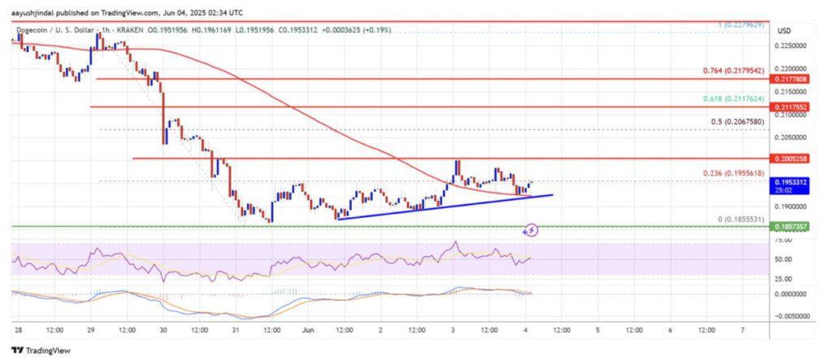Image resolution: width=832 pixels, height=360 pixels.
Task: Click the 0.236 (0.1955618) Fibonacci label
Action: (734, 173)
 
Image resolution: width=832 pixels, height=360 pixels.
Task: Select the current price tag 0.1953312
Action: (791, 183)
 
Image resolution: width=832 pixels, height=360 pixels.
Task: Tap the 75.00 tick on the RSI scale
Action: (783, 241)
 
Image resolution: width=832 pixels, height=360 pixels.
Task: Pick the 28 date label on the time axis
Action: (18, 331)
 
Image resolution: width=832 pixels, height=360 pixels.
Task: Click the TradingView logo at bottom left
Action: (41, 349)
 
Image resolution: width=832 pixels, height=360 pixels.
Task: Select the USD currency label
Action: (784, 31)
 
